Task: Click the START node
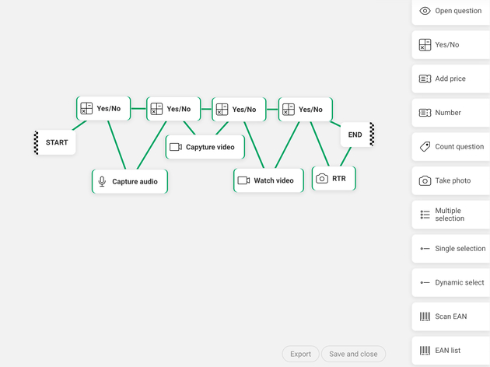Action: tap(56, 143)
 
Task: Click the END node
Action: tap(355, 135)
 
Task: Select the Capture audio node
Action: tap(129, 181)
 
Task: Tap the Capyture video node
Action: tap(205, 147)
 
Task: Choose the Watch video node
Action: tap(268, 180)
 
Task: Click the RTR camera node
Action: tap(334, 178)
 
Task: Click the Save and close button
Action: tap(353, 354)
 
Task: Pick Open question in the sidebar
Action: tap(451, 11)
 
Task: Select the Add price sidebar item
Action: tap(451, 79)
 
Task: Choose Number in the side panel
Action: tap(451, 113)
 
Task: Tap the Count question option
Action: tap(451, 146)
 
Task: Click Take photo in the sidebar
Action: tap(451, 180)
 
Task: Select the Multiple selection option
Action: tap(451, 215)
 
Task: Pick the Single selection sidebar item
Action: tap(451, 249)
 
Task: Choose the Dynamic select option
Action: tap(451, 283)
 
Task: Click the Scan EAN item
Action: tap(451, 316)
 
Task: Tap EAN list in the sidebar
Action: tap(451, 351)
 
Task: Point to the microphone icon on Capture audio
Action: tap(102, 181)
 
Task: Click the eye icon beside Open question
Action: tap(425, 11)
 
